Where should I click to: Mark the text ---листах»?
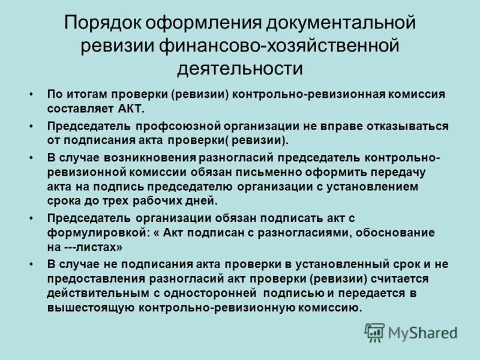[92, 247]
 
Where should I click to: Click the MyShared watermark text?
[422, 333]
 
